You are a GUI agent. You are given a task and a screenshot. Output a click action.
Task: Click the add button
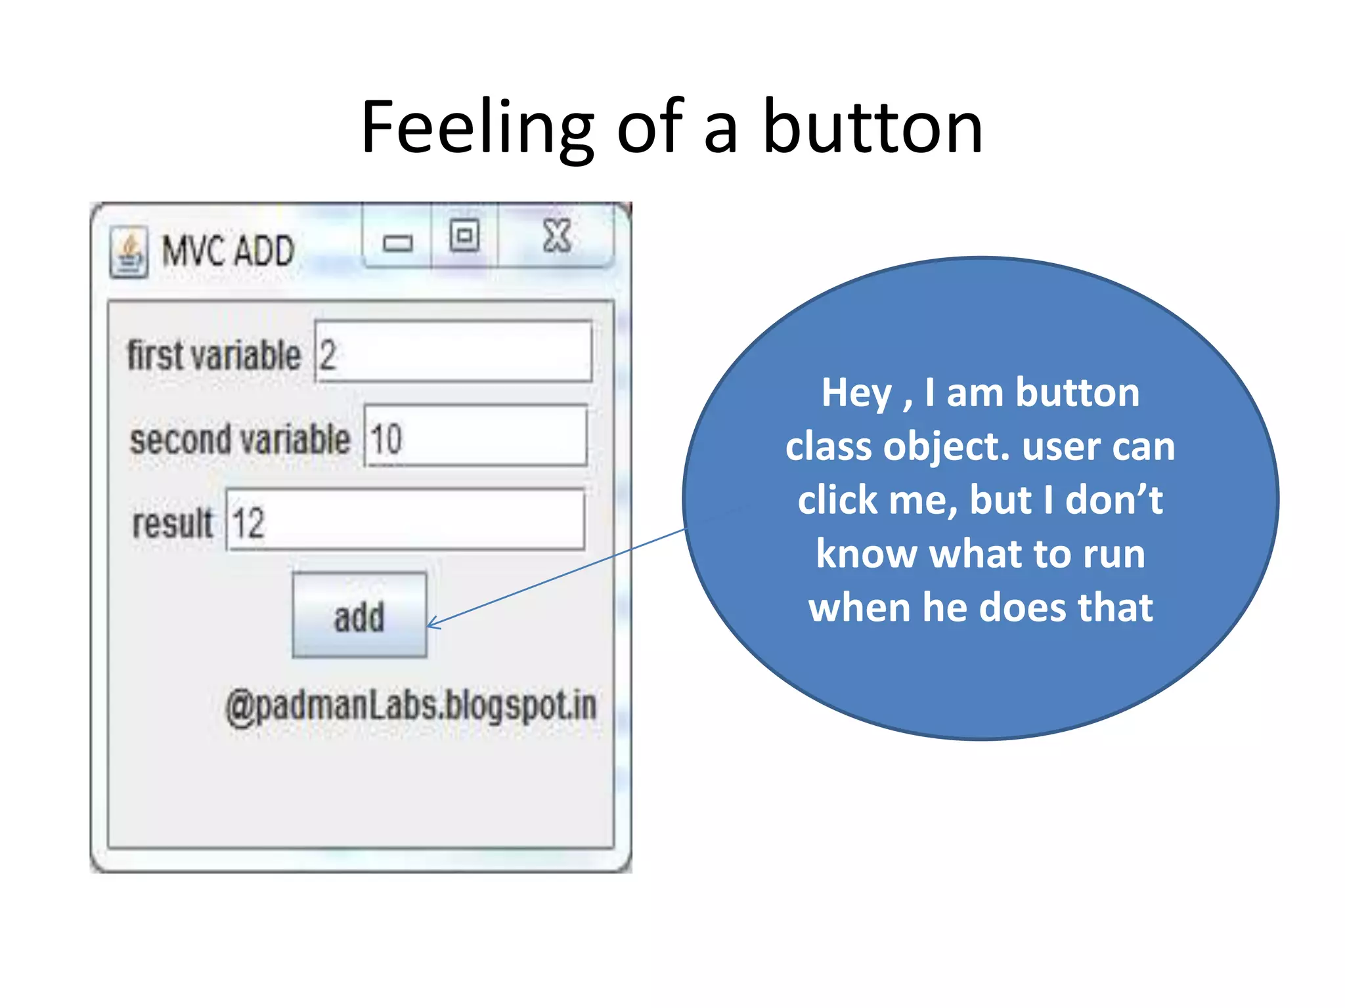(x=359, y=615)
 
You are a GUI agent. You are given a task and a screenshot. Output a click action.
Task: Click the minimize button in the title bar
(x=397, y=243)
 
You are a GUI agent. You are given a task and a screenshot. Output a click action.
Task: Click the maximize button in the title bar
(x=464, y=236)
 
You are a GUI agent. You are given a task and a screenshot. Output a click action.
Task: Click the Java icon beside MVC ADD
(x=129, y=253)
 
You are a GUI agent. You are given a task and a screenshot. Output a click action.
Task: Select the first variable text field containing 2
(x=453, y=352)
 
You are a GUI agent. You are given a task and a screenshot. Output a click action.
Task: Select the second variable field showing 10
(x=475, y=436)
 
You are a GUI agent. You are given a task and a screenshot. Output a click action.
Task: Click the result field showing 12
(x=405, y=520)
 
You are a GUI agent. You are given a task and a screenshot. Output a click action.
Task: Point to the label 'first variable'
(x=213, y=355)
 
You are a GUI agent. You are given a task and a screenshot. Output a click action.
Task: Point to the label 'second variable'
(x=240, y=439)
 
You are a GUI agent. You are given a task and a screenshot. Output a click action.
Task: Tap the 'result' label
(x=172, y=523)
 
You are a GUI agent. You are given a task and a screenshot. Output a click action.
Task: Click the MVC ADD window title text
(x=228, y=251)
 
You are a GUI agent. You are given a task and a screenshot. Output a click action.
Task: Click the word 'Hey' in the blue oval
(x=856, y=393)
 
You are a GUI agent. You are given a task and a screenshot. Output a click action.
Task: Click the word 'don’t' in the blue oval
(x=1114, y=500)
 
